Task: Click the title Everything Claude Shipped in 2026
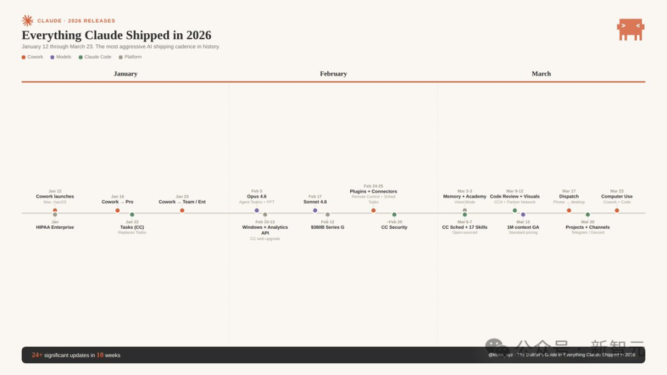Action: pyautogui.click(x=116, y=35)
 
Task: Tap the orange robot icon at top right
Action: pyautogui.click(x=631, y=29)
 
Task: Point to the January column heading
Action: pyautogui.click(x=125, y=74)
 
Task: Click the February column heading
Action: pyautogui.click(x=333, y=74)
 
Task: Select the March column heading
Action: pyautogui.click(x=541, y=74)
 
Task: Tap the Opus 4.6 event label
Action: pyautogui.click(x=257, y=197)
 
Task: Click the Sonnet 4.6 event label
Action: pyautogui.click(x=315, y=202)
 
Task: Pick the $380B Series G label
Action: pyautogui.click(x=327, y=228)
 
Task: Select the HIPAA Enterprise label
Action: pyautogui.click(x=55, y=228)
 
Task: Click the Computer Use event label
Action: pyautogui.click(x=617, y=197)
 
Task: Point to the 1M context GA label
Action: pyautogui.click(x=523, y=228)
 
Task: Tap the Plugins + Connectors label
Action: pyautogui.click(x=374, y=191)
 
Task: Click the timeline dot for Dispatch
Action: pyautogui.click(x=569, y=210)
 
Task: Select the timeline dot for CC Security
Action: pyautogui.click(x=394, y=215)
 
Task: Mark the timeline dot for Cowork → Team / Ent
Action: pyautogui.click(x=182, y=210)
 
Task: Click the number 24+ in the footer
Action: pyautogui.click(x=37, y=355)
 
